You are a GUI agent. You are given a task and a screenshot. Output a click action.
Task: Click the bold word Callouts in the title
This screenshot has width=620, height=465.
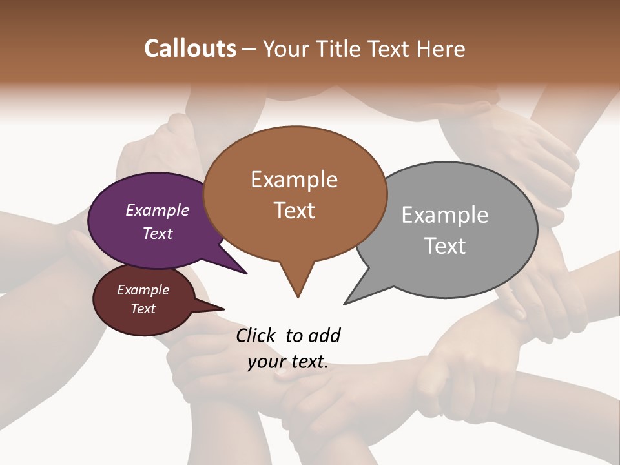pos(190,48)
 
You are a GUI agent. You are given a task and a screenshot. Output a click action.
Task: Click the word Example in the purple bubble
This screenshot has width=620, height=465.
pos(158,210)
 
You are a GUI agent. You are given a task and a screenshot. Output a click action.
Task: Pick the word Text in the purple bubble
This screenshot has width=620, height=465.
pos(158,233)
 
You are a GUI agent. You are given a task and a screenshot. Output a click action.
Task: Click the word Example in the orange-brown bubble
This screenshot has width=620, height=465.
pos(294,180)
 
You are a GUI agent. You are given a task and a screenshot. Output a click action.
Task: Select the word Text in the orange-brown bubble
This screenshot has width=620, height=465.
pos(294,210)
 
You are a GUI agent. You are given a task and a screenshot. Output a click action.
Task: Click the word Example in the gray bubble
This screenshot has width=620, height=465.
pos(445,215)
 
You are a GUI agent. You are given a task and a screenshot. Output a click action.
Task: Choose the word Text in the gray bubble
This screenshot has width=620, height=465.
pos(445,245)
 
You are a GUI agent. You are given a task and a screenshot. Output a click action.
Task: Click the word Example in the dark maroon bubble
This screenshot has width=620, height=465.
pos(143,290)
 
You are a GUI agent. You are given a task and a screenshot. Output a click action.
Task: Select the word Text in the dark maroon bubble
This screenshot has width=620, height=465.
pos(143,309)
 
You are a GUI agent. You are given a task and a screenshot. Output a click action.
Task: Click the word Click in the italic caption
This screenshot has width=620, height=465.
pos(256,335)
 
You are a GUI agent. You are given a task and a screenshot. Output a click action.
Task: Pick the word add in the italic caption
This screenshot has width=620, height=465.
pos(324,335)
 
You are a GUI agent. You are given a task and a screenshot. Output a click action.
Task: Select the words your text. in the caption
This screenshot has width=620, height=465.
pos(288,362)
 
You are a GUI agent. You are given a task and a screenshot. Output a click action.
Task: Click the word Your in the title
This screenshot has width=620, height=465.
pos(287,49)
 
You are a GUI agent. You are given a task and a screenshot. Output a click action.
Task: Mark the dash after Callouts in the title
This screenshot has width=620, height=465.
pos(250,49)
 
